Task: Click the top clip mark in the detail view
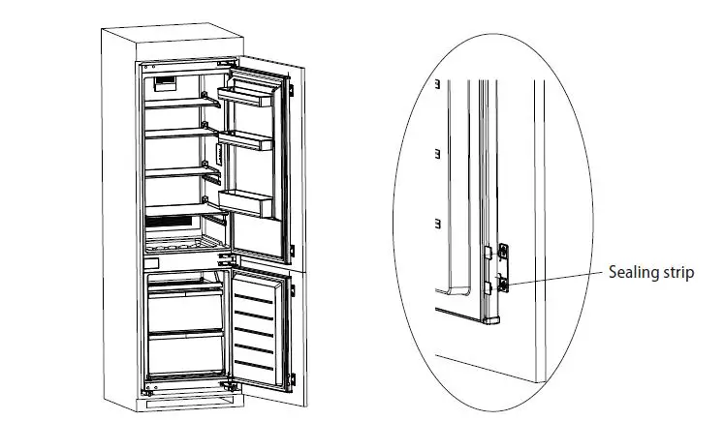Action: [438, 84]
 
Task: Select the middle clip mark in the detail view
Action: [438, 152]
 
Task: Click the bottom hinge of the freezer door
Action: [229, 385]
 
